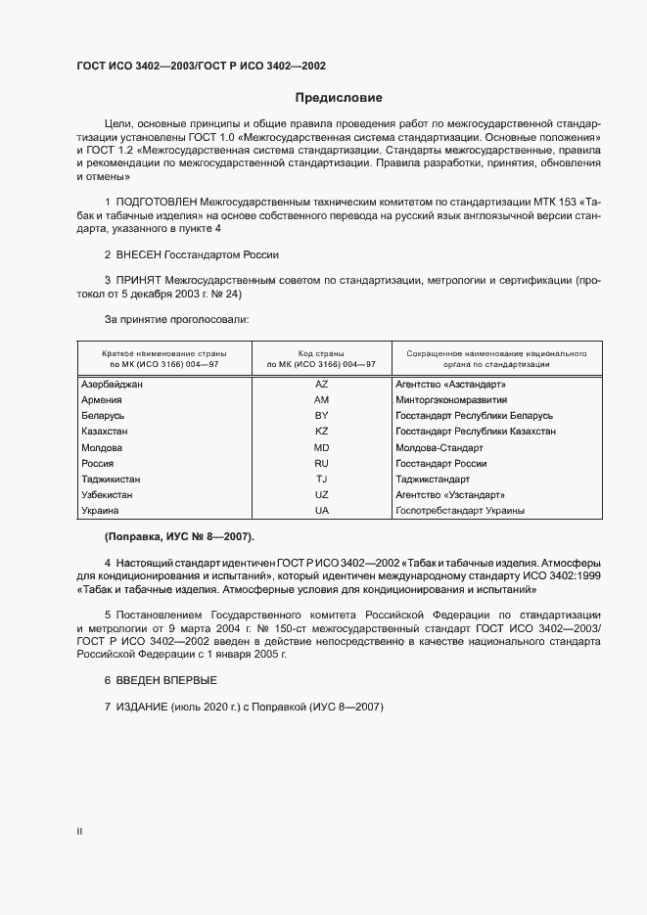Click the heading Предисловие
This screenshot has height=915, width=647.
[x=339, y=98]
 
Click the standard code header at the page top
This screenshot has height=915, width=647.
[x=201, y=66]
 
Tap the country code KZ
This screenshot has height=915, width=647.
[x=321, y=432]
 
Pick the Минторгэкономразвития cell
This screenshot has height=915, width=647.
[x=450, y=400]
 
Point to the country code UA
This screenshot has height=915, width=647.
[x=321, y=511]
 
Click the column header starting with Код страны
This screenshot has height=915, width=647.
[x=321, y=357]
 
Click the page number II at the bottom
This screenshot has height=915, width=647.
[x=79, y=831]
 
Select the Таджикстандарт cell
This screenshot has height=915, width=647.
[x=433, y=480]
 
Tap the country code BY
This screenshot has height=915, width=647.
[x=321, y=416]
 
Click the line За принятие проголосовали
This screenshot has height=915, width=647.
[x=176, y=319]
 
